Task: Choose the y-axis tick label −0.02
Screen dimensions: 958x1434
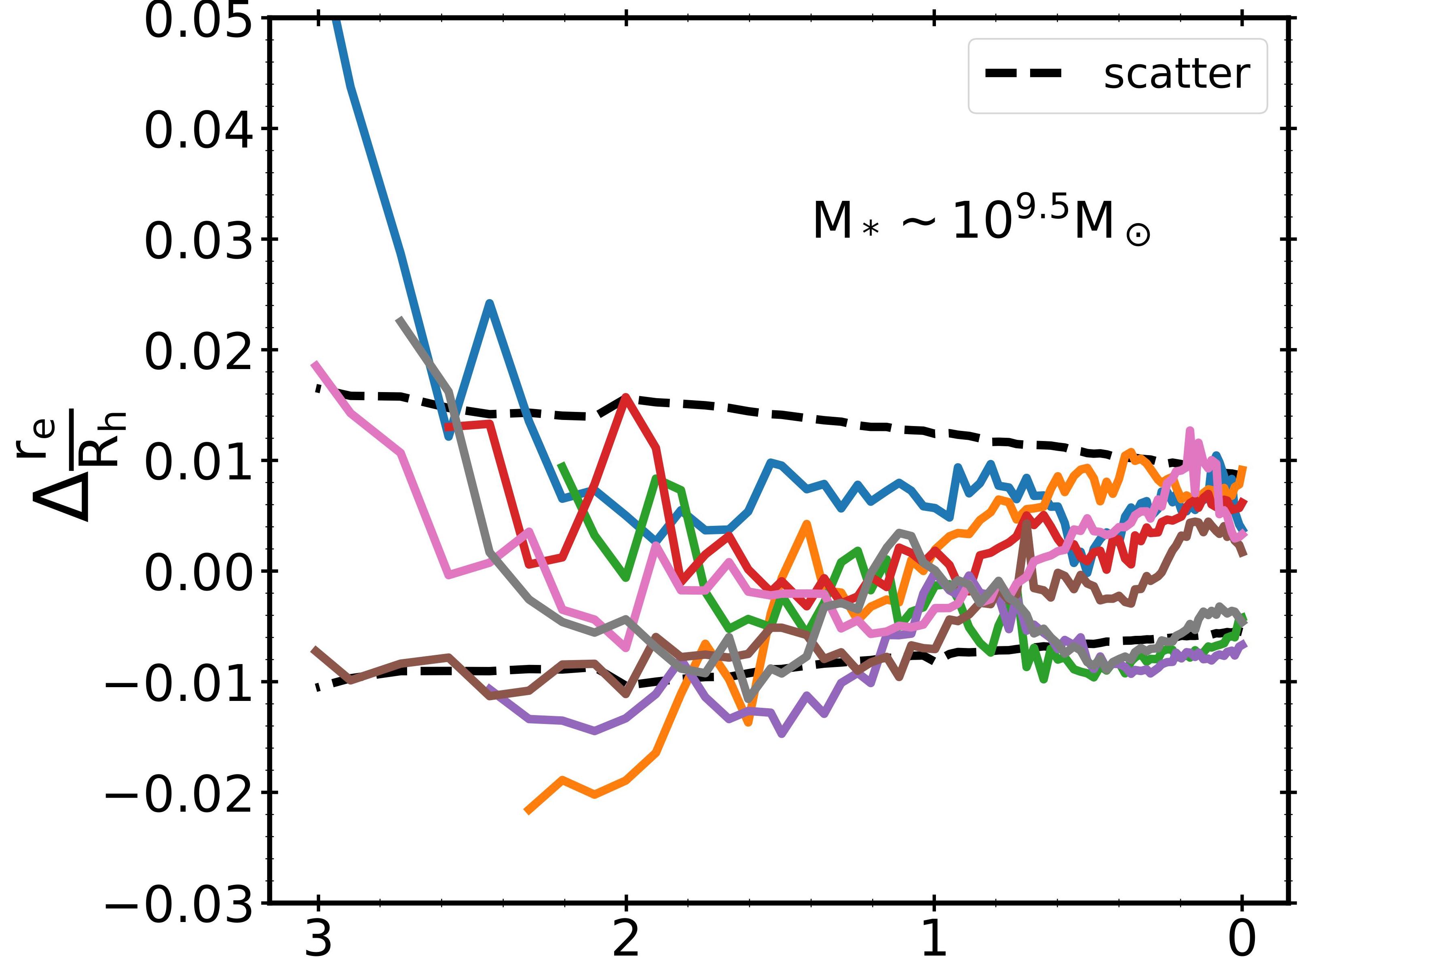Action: tap(179, 793)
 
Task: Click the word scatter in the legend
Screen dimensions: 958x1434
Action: tap(1176, 74)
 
